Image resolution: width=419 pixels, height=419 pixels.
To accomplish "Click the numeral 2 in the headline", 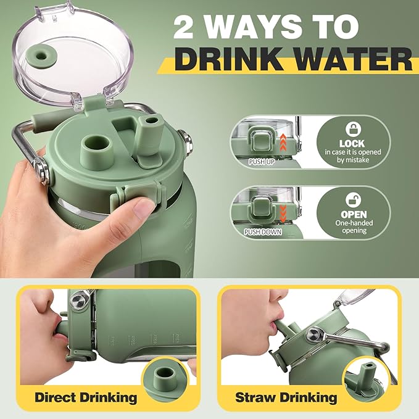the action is pyautogui.click(x=183, y=27).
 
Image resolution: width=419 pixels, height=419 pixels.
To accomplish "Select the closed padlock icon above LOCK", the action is pyautogui.click(x=353, y=129).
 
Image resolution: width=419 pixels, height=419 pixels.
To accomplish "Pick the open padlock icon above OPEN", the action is pyautogui.click(x=353, y=200).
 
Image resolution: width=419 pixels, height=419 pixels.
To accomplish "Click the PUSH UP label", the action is pyautogui.click(x=262, y=162).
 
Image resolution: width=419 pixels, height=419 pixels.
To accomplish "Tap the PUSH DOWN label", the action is pyautogui.click(x=263, y=232).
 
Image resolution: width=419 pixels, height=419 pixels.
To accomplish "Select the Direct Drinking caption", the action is pyautogui.click(x=86, y=397).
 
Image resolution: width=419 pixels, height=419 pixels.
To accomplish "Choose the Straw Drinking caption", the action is pyautogui.click(x=286, y=397).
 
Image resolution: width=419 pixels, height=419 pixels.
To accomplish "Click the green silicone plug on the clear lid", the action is pyautogui.click(x=41, y=56).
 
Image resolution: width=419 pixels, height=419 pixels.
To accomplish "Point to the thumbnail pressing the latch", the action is pyautogui.click(x=144, y=208).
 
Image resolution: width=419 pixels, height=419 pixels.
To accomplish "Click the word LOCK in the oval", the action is pyautogui.click(x=352, y=144).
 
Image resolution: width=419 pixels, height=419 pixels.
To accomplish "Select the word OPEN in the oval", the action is pyautogui.click(x=354, y=214).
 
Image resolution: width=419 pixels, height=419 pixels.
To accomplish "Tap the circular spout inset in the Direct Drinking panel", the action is pyautogui.click(x=166, y=380).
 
